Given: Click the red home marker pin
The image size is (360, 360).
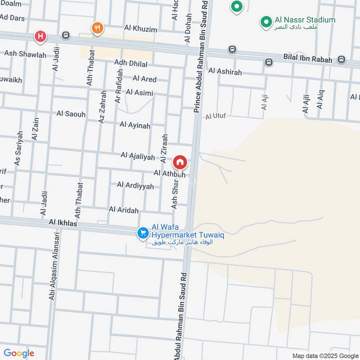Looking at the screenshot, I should pos(180,162).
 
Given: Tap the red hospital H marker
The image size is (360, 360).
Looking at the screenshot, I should pos(40,36).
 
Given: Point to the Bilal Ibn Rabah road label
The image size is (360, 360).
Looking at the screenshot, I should pos(308,58).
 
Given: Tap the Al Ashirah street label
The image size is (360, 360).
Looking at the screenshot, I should pos(225,72).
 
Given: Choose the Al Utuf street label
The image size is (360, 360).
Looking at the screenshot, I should pos(216,117).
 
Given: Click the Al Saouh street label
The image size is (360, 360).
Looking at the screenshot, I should pos(71,114).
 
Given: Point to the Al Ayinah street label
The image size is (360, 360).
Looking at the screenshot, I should pos(135,126).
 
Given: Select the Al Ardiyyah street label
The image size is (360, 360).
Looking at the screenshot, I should pos(135,185).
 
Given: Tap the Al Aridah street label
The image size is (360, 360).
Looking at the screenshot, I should pos(124,210).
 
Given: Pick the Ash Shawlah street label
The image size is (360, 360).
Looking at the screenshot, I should pos(25,54).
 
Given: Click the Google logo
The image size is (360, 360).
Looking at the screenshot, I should pos(19,353).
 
